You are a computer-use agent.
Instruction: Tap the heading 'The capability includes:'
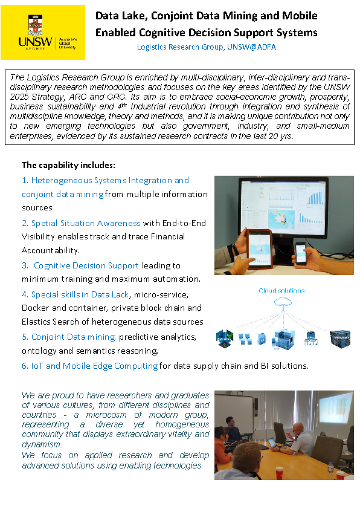point(68,165)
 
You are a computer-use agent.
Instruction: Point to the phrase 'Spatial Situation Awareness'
point(86,223)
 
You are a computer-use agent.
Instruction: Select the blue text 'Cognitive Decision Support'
point(86,265)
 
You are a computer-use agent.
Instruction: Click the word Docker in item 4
point(36,308)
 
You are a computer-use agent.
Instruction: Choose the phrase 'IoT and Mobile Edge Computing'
point(94,366)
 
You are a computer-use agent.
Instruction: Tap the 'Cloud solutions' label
point(281,291)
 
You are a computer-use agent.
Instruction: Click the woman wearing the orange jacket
point(221,442)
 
